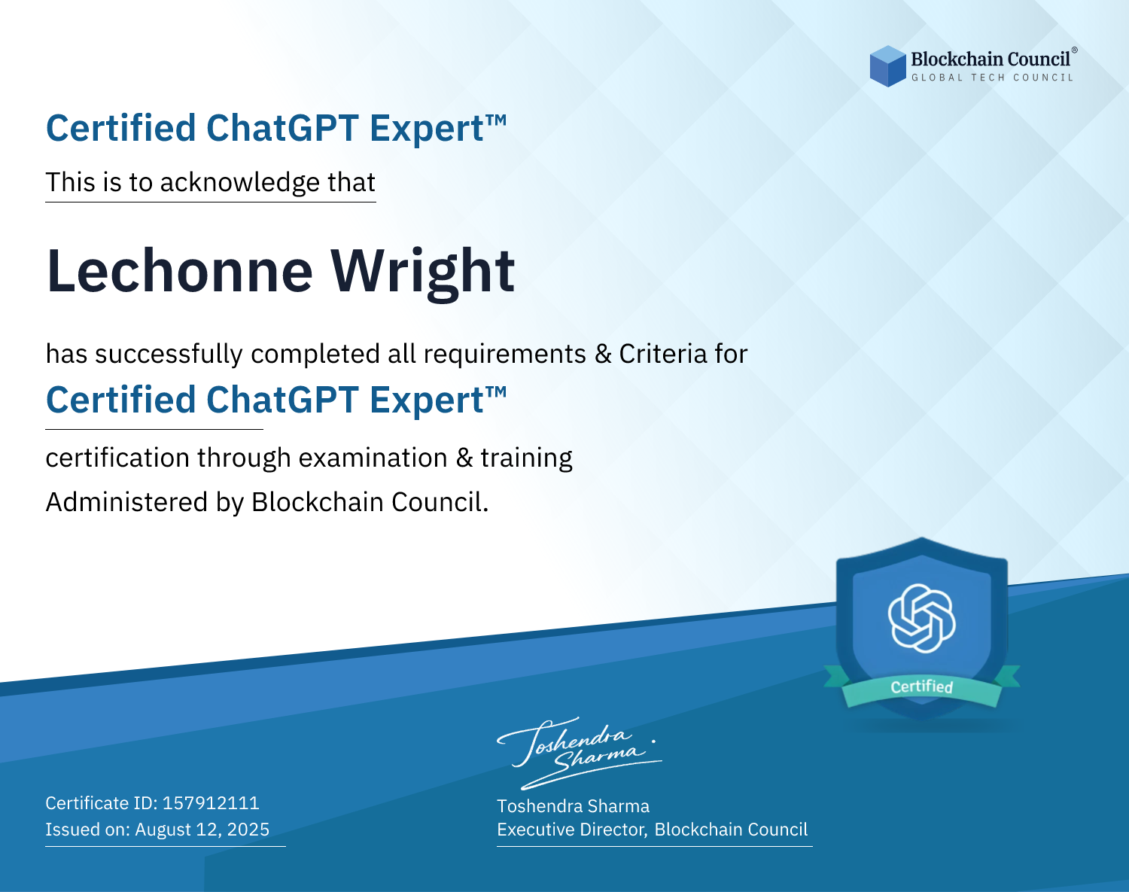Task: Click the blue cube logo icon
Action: (x=887, y=66)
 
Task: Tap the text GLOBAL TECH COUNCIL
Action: (x=993, y=78)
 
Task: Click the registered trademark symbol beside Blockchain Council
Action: (x=1075, y=50)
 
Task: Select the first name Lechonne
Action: (x=179, y=271)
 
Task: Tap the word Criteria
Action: (x=663, y=353)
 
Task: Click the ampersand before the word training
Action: (x=464, y=457)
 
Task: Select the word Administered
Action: (x=127, y=501)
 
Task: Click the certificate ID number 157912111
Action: (x=211, y=802)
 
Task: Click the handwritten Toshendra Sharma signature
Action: (x=580, y=753)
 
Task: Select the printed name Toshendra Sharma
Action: (x=573, y=806)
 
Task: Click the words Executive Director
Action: (x=572, y=830)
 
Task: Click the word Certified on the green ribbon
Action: (x=922, y=687)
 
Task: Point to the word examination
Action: (x=373, y=457)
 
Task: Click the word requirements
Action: (x=505, y=354)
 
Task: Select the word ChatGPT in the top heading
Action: (x=282, y=128)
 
